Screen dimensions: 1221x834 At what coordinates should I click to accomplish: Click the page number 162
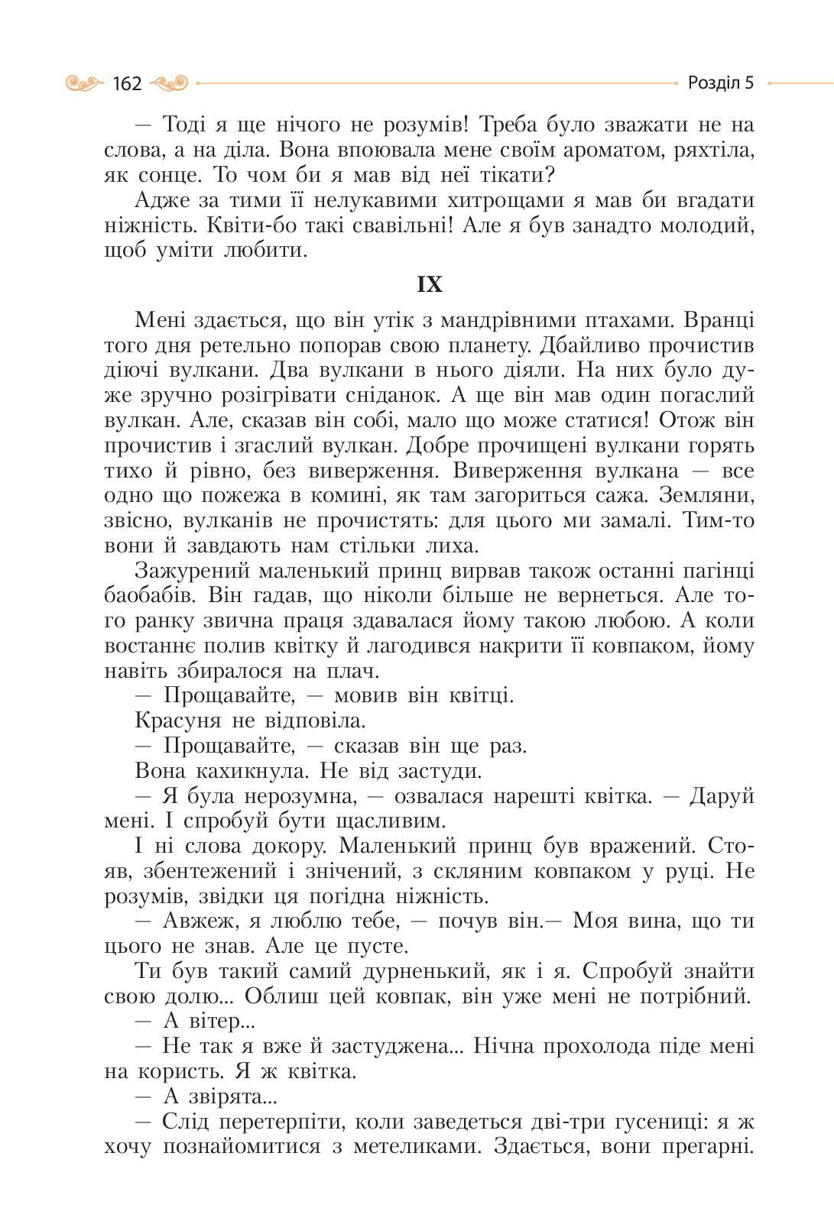tap(127, 83)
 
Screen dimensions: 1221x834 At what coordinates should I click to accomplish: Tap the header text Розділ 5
tap(720, 83)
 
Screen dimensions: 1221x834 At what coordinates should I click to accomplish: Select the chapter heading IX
tap(430, 285)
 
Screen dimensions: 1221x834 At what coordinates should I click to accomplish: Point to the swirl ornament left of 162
tap(85, 83)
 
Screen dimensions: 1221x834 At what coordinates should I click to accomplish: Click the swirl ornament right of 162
tap(170, 83)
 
